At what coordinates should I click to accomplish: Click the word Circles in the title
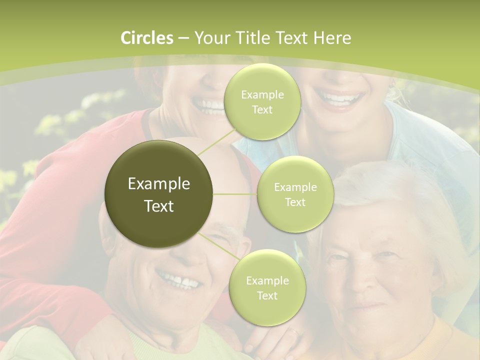coord(147,38)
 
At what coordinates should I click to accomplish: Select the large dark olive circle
coord(159,194)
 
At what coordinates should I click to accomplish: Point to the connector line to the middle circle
coord(235,194)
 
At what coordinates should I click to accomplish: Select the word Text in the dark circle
coord(159,206)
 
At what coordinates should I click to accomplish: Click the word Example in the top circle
coord(262,95)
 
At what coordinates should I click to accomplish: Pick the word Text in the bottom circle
coord(267,295)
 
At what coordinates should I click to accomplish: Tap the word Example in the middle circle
coord(295,187)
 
